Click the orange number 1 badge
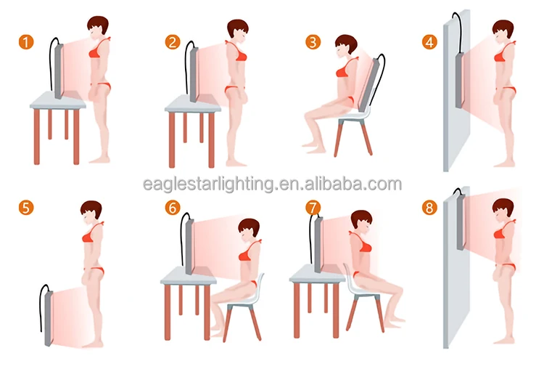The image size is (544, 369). (x=26, y=42)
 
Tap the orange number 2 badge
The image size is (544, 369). (x=173, y=42)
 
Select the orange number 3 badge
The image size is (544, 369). (x=312, y=42)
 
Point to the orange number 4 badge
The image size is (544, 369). (x=430, y=42)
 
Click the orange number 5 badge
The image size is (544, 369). (x=26, y=208)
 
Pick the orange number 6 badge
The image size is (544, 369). (x=173, y=208)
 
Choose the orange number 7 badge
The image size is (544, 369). (x=312, y=208)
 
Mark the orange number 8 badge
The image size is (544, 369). (x=430, y=208)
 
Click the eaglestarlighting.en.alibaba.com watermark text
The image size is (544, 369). (x=271, y=183)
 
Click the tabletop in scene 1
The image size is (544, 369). (x=58, y=104)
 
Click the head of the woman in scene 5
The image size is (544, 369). (x=91, y=212)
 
